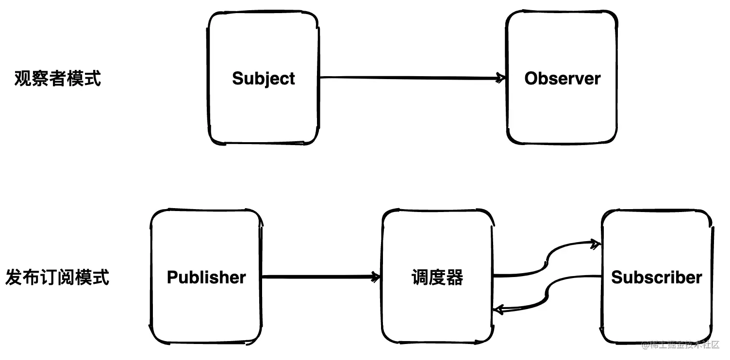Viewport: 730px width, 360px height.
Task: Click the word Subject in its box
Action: pos(264,79)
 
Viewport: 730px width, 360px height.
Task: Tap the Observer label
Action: pos(562,79)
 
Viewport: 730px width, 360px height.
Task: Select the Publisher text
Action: pos(206,278)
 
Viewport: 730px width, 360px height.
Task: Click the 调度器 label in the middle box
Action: pos(437,278)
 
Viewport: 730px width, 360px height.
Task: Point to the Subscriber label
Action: pos(656,278)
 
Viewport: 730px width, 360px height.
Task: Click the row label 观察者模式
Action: pos(58,78)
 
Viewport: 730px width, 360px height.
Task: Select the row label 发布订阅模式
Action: pos(58,278)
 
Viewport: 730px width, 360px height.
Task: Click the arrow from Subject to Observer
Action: pos(408,77)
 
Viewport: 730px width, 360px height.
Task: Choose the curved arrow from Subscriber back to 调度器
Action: pos(547,294)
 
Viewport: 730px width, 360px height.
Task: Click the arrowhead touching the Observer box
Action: pos(500,78)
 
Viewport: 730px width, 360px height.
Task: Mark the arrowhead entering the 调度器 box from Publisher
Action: pos(375,277)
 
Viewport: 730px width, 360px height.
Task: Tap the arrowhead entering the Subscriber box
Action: pos(595,244)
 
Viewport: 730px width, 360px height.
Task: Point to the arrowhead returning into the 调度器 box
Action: pos(498,309)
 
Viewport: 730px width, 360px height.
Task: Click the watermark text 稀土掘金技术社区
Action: pos(684,345)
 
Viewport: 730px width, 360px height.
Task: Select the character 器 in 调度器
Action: pos(455,278)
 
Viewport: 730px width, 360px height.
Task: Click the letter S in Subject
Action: pos(238,79)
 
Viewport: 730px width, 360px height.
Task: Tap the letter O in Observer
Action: pos(531,79)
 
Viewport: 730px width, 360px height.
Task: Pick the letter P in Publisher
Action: pos(172,278)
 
